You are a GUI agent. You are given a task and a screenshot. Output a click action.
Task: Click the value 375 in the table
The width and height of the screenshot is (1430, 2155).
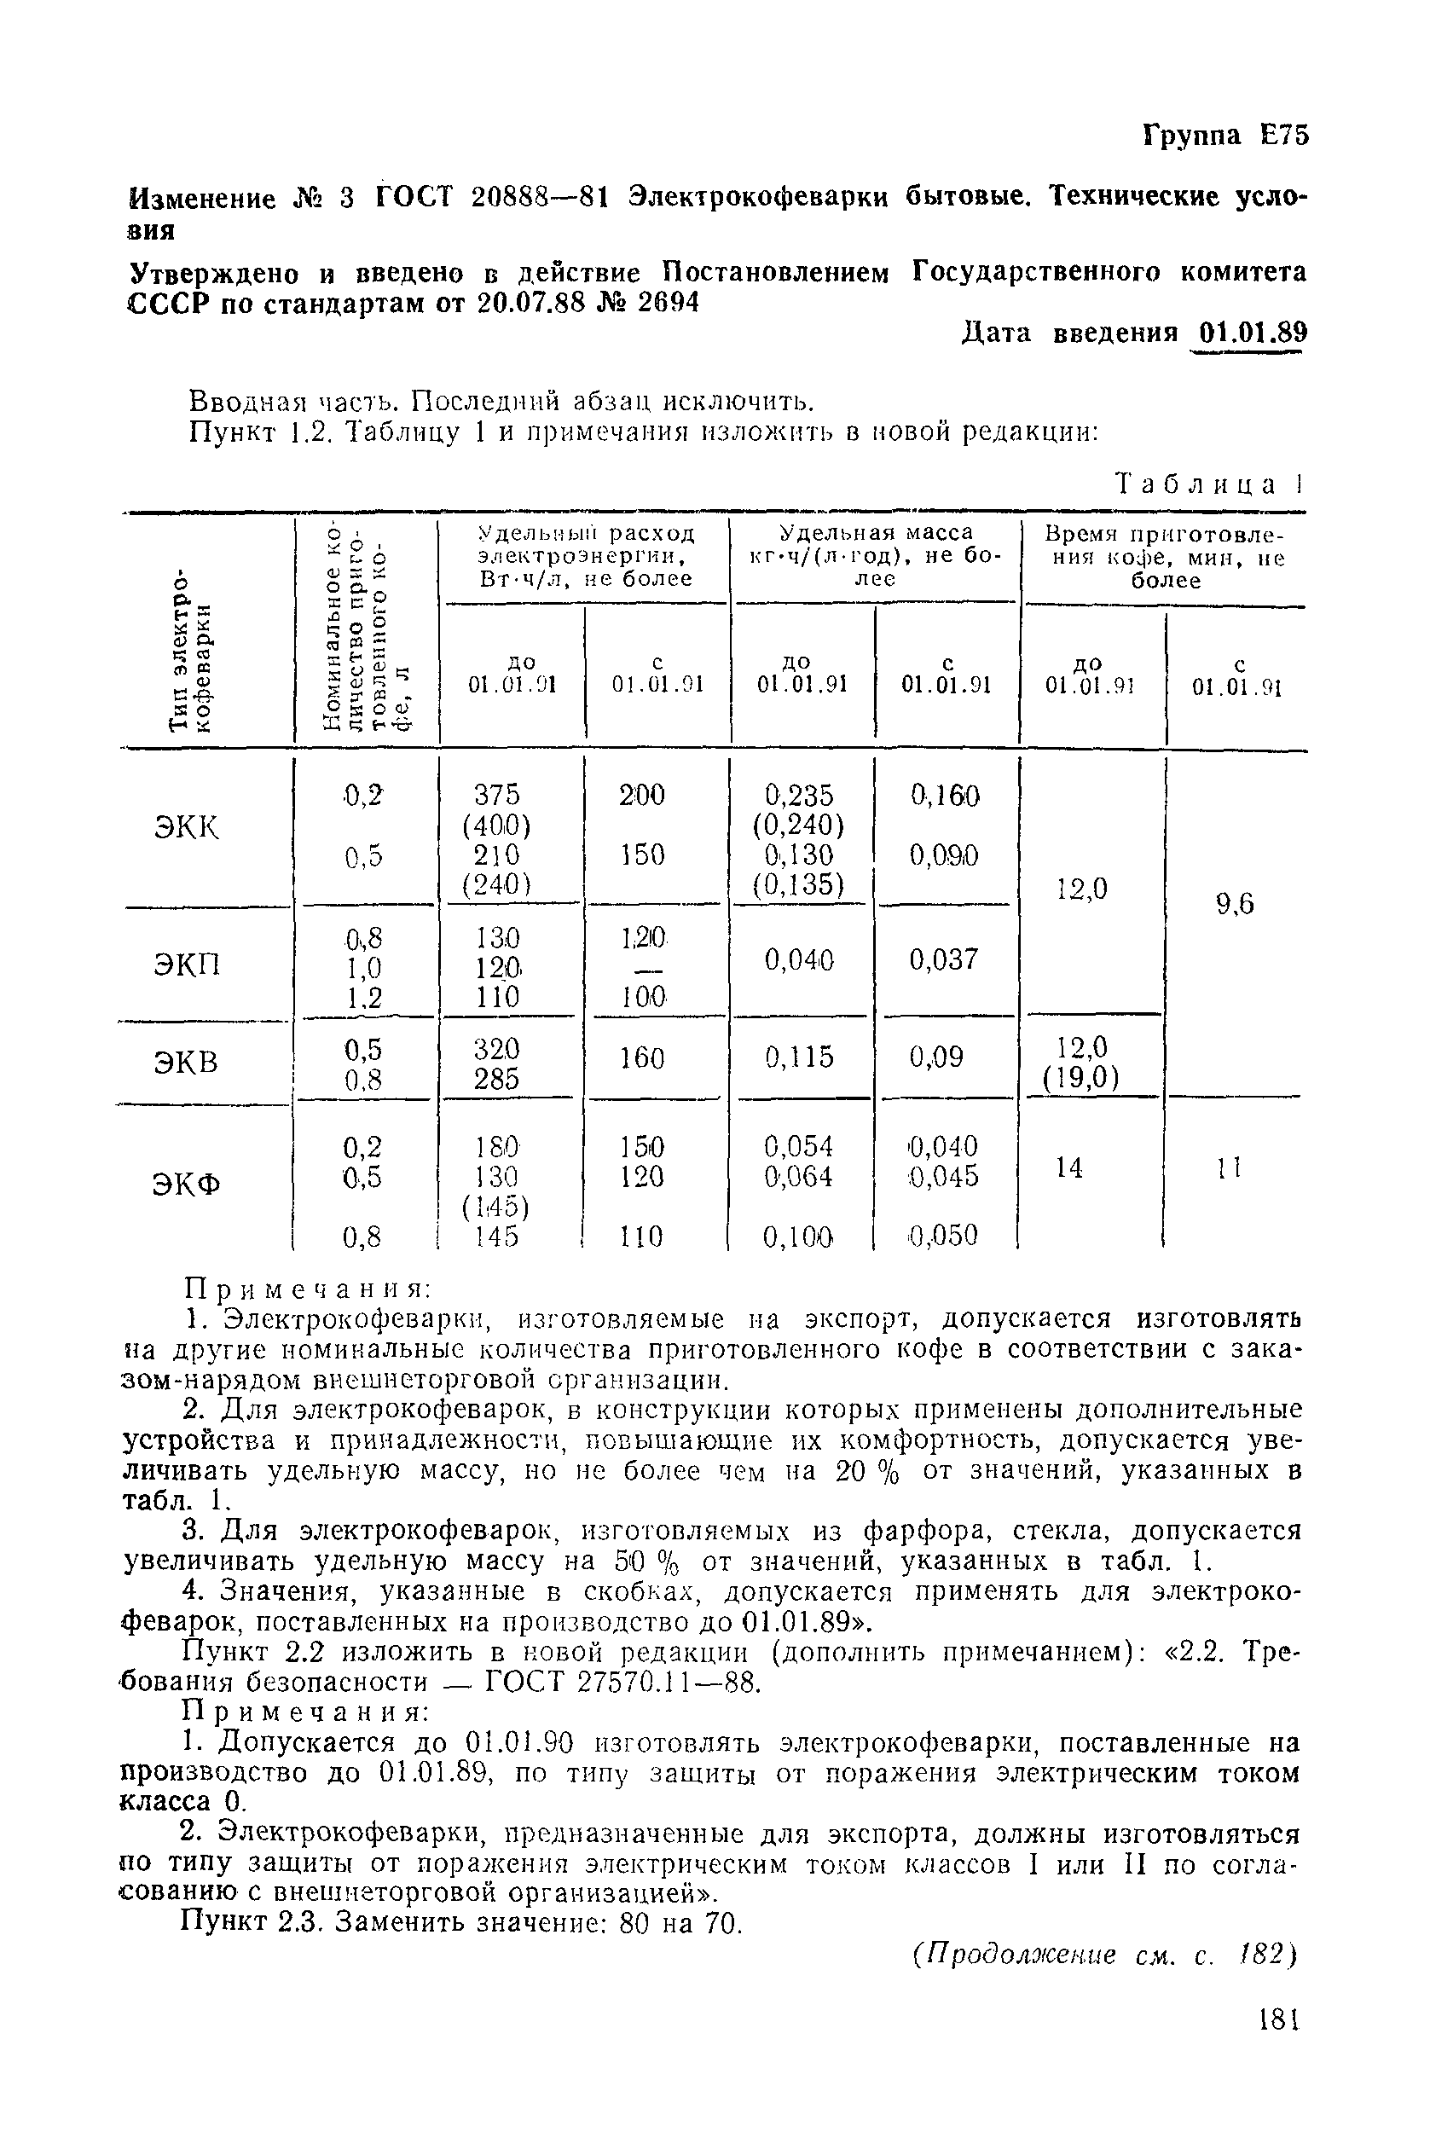click(x=497, y=793)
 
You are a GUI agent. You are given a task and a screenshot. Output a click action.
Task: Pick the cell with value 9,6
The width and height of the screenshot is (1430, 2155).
click(x=1235, y=904)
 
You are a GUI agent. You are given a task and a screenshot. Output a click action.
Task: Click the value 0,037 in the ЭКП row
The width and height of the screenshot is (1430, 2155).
click(x=944, y=959)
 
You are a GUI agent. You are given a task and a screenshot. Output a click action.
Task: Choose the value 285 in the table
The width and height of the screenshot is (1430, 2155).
click(x=497, y=1079)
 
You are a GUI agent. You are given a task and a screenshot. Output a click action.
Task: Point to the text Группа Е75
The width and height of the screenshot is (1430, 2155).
click(x=1224, y=135)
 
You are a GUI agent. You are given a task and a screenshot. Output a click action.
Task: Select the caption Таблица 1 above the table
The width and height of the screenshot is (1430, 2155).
click(x=1209, y=484)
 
